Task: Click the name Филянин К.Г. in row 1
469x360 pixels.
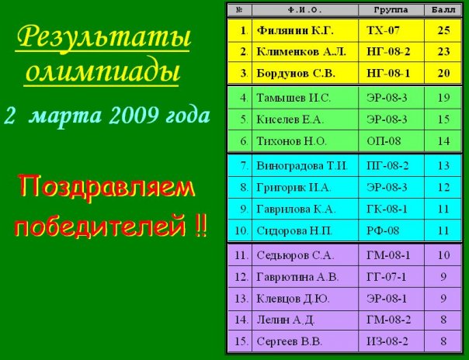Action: coord(295,30)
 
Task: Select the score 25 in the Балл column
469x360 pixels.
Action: coord(443,30)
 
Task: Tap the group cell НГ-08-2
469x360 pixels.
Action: coord(388,52)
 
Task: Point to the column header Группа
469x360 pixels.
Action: coord(391,10)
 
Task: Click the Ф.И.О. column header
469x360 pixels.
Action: coord(304,10)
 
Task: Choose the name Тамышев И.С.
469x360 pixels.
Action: coord(294,98)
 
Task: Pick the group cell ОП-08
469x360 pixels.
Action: coord(384,141)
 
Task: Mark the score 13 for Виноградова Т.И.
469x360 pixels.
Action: coord(443,166)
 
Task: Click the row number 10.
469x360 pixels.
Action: coord(241,230)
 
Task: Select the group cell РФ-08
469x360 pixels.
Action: coord(383,230)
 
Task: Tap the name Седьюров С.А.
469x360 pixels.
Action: coord(294,255)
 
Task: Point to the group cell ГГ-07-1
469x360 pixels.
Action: coord(386,277)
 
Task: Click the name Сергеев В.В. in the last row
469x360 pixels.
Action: coord(289,341)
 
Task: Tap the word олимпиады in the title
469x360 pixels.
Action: coord(102,72)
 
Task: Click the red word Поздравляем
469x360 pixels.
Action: coord(107,187)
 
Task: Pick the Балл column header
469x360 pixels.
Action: coord(443,10)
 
